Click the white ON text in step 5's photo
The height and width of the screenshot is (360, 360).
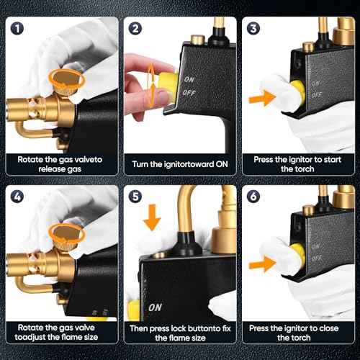coord(154,307)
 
